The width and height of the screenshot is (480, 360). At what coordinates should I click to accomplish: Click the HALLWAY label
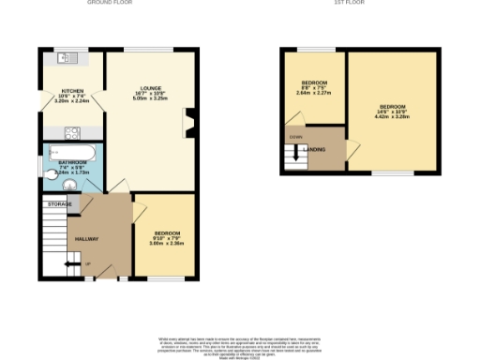tap(87, 239)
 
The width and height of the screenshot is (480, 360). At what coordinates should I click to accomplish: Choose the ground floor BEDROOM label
tap(167, 232)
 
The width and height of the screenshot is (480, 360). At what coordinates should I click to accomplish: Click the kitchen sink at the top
tap(66, 58)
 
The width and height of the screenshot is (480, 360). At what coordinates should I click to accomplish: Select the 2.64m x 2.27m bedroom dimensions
tap(313, 93)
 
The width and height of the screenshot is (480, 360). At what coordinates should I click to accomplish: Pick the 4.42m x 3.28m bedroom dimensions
tap(393, 116)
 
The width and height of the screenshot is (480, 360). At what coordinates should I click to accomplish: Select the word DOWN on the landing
tap(296, 138)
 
